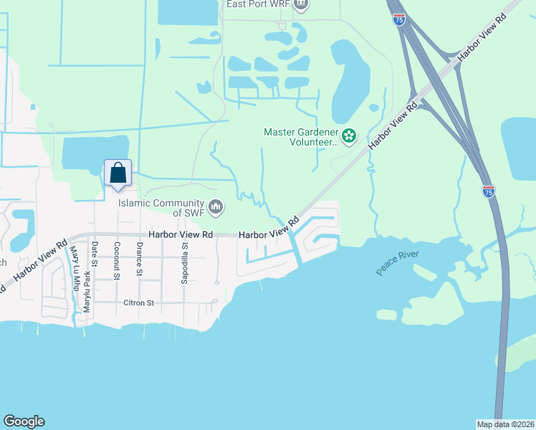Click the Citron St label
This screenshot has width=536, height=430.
[140, 303]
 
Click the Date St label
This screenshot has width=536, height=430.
[94, 254]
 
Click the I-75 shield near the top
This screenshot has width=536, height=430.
[398, 19]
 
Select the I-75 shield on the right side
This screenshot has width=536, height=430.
[488, 191]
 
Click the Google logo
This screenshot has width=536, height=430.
[24, 421]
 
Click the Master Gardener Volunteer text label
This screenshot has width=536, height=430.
[300, 137]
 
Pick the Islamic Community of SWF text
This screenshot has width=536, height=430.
[162, 208]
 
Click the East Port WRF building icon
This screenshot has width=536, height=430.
[302, 5]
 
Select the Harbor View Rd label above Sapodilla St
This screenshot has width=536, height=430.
[181, 234]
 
